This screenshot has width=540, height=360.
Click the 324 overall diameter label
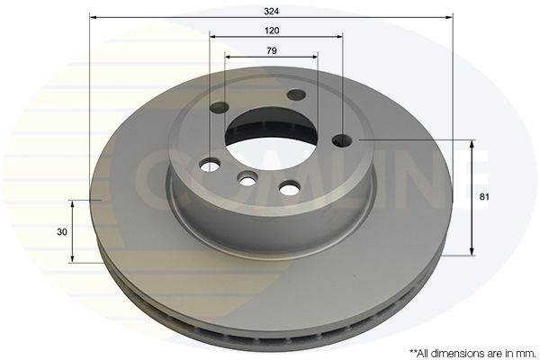pyautogui.click(x=272, y=12)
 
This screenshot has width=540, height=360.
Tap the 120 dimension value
pyautogui.click(x=272, y=31)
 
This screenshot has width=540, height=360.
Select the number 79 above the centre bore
pyautogui.click(x=272, y=50)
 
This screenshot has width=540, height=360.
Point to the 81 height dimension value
pyautogui.click(x=484, y=197)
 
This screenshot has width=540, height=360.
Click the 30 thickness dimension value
pyautogui.click(x=62, y=232)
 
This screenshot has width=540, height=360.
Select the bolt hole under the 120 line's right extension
pyautogui.click(x=342, y=140)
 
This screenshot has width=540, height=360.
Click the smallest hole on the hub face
pyautogui.click(x=247, y=179)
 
